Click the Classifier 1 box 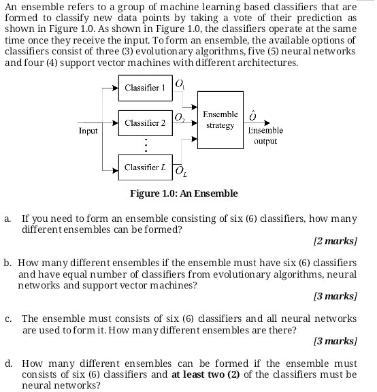tap(144, 88)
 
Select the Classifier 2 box tap(144, 122)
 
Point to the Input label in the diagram tap(88, 129)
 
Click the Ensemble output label tap(265, 135)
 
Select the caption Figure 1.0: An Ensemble tap(184, 193)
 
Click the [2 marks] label tap(335, 241)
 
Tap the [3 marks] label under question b tap(335, 296)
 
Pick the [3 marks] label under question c tap(335, 340)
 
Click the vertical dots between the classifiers tap(144, 145)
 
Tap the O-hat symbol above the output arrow tap(253, 114)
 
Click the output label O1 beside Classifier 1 tap(179, 84)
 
